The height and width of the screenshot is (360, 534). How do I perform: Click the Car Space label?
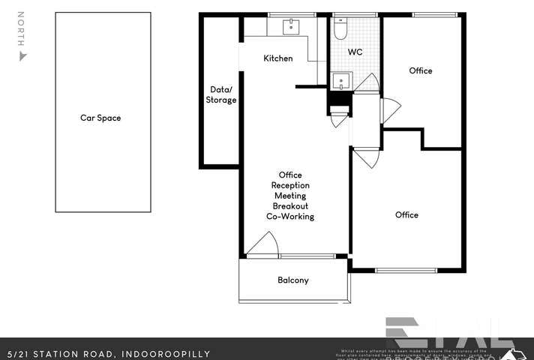(100, 118)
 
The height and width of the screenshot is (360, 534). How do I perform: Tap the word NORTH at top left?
(22, 30)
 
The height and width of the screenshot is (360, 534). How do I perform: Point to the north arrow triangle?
(22, 56)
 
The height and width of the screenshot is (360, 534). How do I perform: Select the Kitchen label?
(277, 58)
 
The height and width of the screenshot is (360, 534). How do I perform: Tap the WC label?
(355, 52)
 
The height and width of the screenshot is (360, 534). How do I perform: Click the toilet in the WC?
(340, 29)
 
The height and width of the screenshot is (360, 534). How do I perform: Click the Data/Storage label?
(222, 94)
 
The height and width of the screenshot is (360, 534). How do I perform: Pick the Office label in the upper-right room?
(421, 70)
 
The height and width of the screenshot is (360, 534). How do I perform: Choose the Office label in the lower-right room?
(406, 214)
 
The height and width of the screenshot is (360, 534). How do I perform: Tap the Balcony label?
(293, 280)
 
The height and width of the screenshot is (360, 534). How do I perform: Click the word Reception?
(290, 185)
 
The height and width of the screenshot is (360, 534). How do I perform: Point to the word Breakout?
(290, 206)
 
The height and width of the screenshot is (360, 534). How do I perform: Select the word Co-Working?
(290, 217)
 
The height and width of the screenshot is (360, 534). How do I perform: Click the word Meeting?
(290, 196)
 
